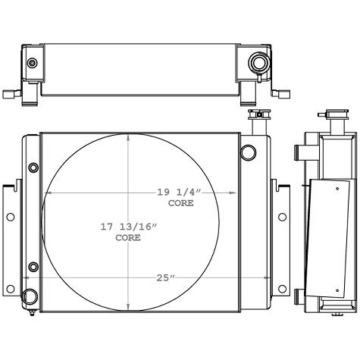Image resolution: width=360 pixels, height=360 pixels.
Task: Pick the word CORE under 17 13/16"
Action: tap(127, 237)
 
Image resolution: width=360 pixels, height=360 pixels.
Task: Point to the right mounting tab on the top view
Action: tap(280, 93)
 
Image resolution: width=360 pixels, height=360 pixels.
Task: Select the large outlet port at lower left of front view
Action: tap(31, 297)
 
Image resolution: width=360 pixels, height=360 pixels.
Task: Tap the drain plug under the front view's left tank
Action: tap(31, 311)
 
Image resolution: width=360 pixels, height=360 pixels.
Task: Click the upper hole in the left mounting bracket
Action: tap(10, 218)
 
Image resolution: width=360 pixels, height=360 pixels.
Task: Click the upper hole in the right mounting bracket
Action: tap(282, 218)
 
